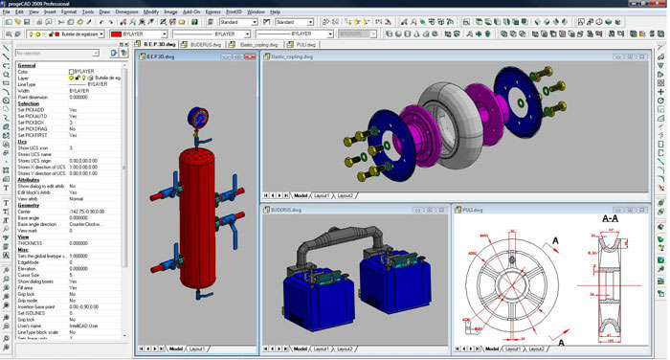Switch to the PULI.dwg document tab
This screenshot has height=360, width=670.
304,44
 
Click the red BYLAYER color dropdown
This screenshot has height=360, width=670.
139,33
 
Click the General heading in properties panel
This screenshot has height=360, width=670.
27,65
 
